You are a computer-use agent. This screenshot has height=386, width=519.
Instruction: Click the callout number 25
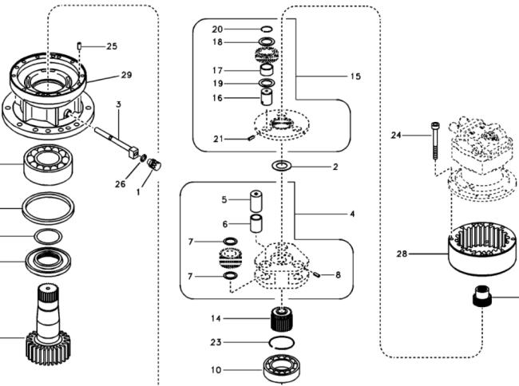pos(112,46)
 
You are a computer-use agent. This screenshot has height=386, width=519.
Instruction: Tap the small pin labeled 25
pos(79,46)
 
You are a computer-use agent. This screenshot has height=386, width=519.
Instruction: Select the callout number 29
pos(126,75)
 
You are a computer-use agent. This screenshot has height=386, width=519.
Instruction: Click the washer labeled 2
pos(281,166)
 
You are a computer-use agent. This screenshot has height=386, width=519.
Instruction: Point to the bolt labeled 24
pos(434,141)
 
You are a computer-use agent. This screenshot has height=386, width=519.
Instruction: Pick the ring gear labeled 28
pos(482,249)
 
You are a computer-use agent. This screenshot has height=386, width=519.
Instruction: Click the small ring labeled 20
pos(267,29)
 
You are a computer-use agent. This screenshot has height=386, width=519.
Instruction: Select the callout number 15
pos(355,77)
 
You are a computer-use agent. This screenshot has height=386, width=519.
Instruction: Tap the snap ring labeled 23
pos(281,342)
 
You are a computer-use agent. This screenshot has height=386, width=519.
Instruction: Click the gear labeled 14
pos(282,318)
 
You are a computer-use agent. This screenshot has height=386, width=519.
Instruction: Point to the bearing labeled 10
pos(282,368)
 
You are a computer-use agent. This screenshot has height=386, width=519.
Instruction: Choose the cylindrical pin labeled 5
pos(256,201)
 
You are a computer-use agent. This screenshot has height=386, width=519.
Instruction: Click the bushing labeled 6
pos(256,224)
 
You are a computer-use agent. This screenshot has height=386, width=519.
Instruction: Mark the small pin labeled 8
pos(316,274)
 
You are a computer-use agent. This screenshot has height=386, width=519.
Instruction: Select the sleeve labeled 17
pos(267,70)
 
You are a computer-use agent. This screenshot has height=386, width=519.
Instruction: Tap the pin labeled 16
pos(267,96)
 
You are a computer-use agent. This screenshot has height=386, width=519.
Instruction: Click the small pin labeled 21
pos(252,137)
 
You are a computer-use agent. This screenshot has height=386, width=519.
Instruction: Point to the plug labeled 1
pos(153,164)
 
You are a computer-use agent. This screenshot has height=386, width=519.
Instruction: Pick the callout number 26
pos(121,184)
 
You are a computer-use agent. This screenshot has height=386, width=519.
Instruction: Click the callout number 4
pos(352,214)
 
